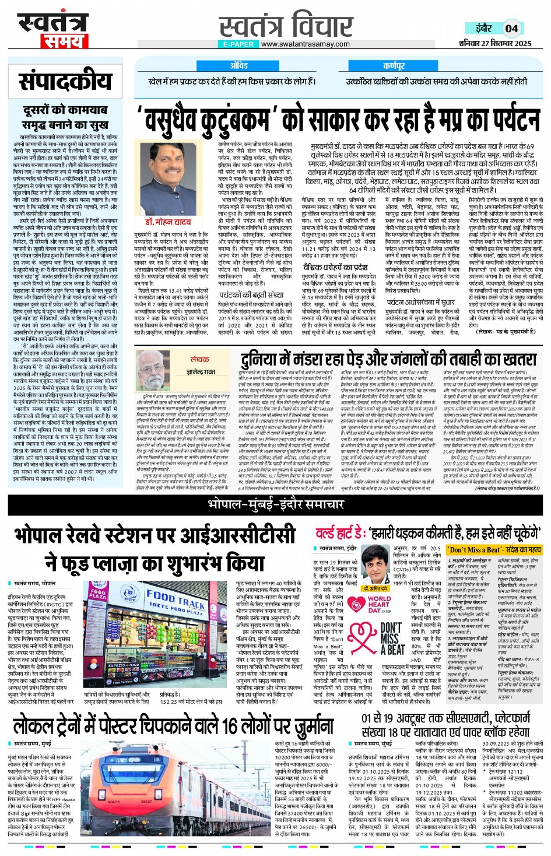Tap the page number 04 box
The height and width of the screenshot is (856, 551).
[511, 28]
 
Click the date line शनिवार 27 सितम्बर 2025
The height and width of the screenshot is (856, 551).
[495, 43]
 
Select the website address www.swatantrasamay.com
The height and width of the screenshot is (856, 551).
[305, 44]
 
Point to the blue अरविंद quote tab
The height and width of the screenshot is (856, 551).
[238, 66]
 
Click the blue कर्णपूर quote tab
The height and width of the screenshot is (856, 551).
[394, 66]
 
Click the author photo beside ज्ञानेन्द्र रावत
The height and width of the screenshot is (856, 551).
[157, 369]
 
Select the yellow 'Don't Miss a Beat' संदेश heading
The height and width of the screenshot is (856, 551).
[494, 549]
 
